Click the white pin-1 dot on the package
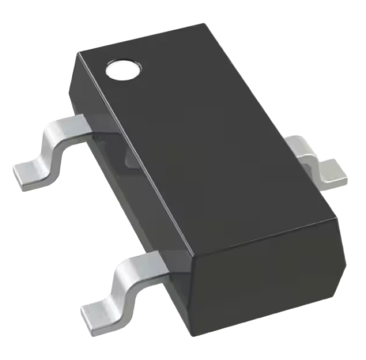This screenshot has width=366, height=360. (123, 70)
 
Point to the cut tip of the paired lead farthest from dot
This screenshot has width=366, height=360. (89, 317)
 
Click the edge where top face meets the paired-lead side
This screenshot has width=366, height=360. (135, 152)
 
